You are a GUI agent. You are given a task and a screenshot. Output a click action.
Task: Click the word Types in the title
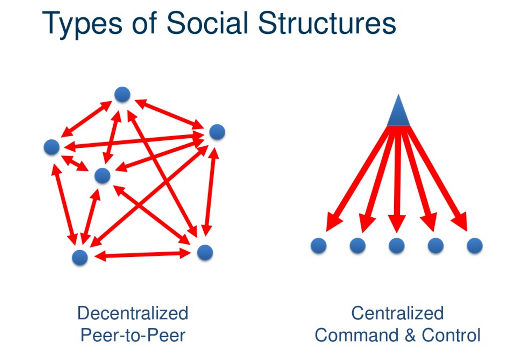[82, 25]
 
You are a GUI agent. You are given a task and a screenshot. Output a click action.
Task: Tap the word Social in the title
[207, 23]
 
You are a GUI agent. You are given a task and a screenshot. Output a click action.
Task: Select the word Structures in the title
[327, 23]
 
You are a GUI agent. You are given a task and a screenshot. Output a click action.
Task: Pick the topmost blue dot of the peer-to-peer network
[122, 94]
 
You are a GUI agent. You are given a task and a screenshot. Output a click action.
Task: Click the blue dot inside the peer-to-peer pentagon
[102, 176]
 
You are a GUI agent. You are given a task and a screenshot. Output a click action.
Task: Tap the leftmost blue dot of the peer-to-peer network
[52, 147]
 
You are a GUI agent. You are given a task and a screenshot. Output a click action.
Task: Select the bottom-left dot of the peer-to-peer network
[80, 257]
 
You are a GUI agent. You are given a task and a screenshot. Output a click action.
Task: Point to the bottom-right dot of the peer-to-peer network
[205, 253]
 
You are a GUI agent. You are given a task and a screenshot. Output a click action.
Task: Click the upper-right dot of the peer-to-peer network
[217, 132]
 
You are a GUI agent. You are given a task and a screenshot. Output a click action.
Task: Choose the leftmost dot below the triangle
[318, 246]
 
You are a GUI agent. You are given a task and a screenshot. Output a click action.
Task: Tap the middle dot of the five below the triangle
[396, 246]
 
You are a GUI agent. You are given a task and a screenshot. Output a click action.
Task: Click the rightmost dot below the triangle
[475, 246]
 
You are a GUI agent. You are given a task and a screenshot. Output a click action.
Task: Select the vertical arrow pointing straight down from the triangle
[397, 180]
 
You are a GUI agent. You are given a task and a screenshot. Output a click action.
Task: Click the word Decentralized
[133, 313]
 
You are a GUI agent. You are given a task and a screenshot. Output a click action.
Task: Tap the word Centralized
[397, 313]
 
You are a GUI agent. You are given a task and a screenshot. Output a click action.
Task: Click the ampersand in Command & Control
[410, 335]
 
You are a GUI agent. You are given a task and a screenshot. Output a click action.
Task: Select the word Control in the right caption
[451, 335]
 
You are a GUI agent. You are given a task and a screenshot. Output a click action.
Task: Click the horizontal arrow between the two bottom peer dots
[143, 255]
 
